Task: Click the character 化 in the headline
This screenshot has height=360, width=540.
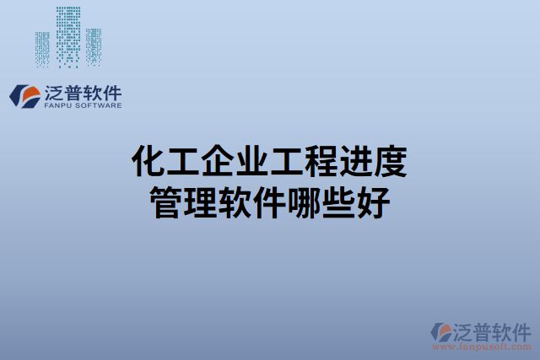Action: pos(150,160)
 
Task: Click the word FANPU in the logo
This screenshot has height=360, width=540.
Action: pos(56,106)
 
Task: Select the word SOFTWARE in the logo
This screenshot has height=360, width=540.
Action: pos(98,106)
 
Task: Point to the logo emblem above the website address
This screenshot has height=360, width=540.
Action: pos(441,331)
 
